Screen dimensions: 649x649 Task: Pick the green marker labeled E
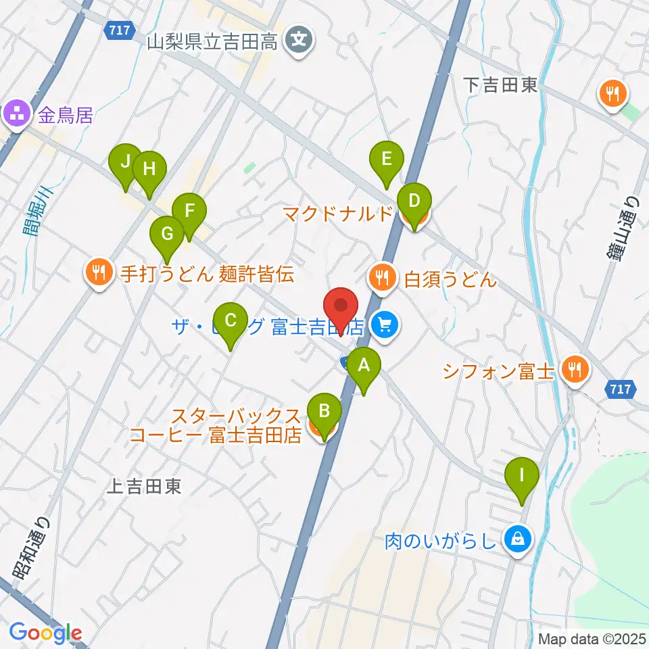386,160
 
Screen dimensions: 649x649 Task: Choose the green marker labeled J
125,162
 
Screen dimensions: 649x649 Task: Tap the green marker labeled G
167,235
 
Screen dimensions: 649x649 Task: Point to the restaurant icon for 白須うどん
383,278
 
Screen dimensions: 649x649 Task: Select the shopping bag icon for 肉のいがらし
517,539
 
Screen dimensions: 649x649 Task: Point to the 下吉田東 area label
501,85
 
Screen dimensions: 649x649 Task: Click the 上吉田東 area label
145,486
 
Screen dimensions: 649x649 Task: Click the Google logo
45,633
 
